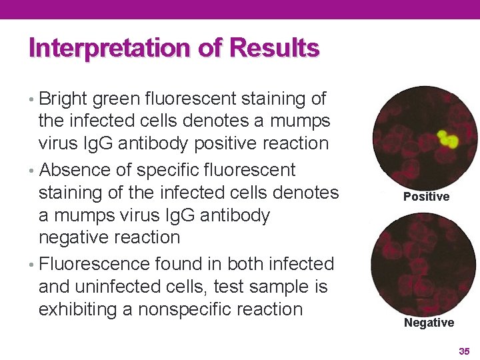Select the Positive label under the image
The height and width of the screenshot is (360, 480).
pyautogui.click(x=426, y=197)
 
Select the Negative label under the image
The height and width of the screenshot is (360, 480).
pyautogui.click(x=429, y=323)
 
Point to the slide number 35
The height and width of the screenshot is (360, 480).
pyautogui.click(x=464, y=351)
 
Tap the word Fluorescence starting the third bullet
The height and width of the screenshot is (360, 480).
pyautogui.click(x=97, y=264)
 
